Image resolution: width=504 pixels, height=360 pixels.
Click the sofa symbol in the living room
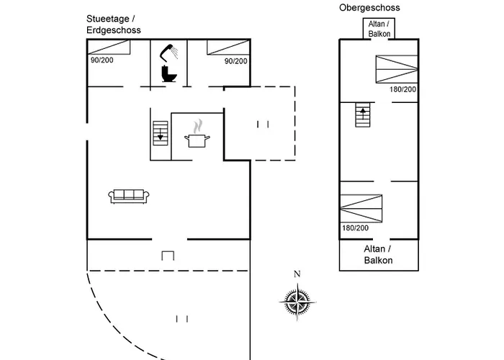point(128,195)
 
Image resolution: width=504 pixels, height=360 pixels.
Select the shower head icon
point(169,52)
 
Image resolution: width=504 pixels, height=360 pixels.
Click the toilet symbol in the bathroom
point(170,73)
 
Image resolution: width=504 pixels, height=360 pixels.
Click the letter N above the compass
point(297,274)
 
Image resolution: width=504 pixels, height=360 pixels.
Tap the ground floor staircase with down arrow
point(161,132)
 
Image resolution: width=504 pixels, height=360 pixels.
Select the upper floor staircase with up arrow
point(362,114)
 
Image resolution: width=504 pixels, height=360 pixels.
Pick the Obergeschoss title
point(369,7)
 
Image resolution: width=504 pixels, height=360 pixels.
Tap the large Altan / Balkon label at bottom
point(378,254)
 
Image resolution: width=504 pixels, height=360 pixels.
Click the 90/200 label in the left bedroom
point(102,60)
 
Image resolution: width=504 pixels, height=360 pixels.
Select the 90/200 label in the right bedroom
point(235,61)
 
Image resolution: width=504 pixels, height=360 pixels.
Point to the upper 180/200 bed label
point(402,89)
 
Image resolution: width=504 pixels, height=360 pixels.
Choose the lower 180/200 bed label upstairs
point(355,228)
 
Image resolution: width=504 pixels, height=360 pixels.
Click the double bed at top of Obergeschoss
point(395,69)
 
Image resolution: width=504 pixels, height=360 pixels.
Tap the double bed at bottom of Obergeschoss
point(361,208)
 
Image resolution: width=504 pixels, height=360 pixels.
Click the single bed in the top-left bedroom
point(109,48)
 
